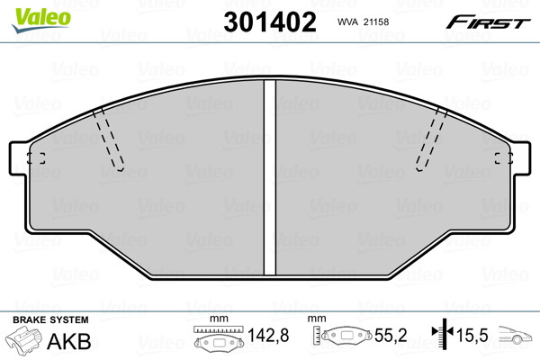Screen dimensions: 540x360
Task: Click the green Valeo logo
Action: pos(41,20)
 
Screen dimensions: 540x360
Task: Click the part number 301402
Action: pos(270,22)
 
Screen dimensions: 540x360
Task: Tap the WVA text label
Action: pos(348,22)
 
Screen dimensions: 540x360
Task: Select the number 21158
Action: pos(376,22)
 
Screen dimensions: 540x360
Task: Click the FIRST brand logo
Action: pos(488,22)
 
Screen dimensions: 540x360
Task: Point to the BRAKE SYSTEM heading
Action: pos(50,319)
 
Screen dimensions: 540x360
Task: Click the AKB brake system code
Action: pos(69,341)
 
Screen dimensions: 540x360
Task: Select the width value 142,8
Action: pos(268,335)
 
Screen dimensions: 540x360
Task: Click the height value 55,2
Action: pos(391,335)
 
